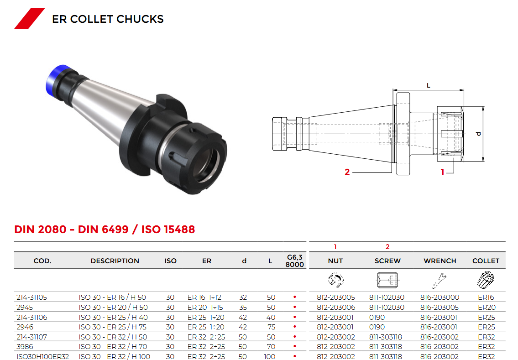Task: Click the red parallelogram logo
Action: (29, 19)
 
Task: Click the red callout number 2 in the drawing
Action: (347, 172)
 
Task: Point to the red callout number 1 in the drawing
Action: (442, 172)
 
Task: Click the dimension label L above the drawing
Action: (429, 85)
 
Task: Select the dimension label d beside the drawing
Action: (479, 134)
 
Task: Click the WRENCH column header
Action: (440, 261)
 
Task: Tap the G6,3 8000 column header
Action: (295, 261)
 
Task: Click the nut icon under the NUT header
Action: (336, 280)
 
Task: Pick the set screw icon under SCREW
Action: (387, 280)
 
